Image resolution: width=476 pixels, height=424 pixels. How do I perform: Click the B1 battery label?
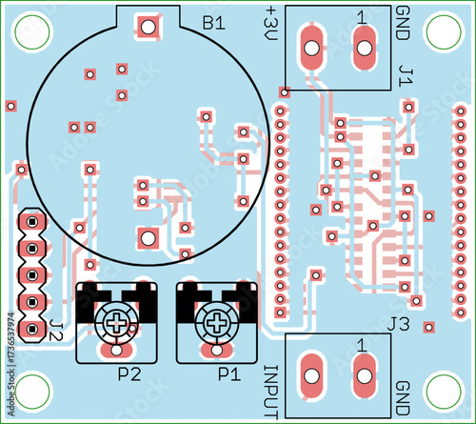[214, 23]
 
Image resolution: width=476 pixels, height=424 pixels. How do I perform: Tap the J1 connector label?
[406, 76]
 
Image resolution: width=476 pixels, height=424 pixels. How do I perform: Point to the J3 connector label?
[399, 325]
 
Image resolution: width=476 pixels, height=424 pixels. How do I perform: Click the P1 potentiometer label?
[229, 374]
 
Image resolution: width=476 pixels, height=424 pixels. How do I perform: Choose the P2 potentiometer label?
[129, 374]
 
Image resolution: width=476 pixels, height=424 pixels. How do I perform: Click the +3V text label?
[271, 24]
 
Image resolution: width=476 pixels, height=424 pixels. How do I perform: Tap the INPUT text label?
[271, 392]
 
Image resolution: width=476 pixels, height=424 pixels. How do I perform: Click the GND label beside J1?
[403, 23]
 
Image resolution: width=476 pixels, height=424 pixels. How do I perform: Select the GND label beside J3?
[403, 398]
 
